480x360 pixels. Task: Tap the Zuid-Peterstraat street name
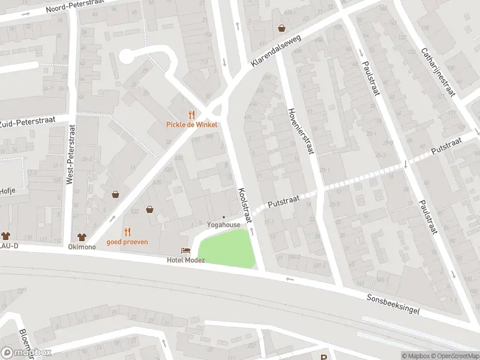(28, 122)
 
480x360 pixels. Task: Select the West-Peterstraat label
(71, 154)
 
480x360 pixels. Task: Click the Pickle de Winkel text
(191, 125)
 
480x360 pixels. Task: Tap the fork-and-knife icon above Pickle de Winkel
(191, 115)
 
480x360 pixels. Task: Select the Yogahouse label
(223, 224)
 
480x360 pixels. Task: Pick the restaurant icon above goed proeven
(127, 232)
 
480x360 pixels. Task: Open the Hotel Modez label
(185, 260)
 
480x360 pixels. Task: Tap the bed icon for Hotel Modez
(185, 250)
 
